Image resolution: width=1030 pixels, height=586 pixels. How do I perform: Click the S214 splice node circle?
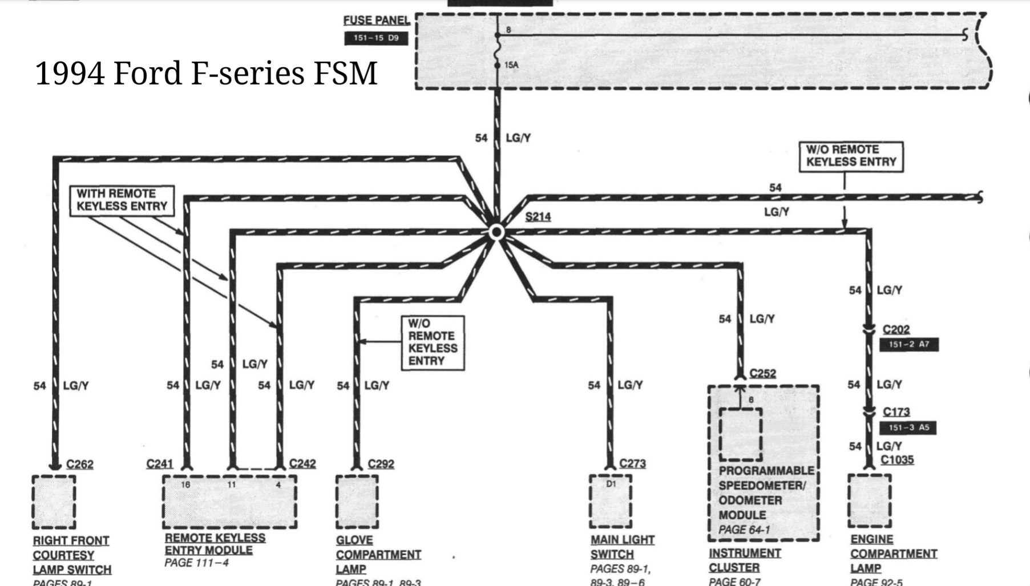(x=496, y=232)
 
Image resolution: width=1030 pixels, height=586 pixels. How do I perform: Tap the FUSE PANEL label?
(x=377, y=20)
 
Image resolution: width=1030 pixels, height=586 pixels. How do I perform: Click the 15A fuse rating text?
(x=511, y=65)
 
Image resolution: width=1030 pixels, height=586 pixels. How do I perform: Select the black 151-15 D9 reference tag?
(x=376, y=38)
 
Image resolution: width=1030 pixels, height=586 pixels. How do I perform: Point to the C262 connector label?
(x=80, y=464)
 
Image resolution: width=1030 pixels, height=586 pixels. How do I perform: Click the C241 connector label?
(x=159, y=463)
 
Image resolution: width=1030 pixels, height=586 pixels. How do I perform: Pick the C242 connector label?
(x=302, y=463)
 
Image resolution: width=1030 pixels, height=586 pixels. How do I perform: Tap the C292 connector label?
(x=381, y=464)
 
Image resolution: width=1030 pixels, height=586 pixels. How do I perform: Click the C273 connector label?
(x=632, y=463)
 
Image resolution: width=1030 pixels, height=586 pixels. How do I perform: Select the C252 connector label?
(x=762, y=373)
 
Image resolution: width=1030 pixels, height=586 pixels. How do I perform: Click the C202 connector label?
(x=896, y=329)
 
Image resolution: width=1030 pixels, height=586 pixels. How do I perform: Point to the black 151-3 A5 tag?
(x=908, y=427)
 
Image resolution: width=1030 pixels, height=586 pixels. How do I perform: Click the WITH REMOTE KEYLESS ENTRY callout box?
(x=122, y=200)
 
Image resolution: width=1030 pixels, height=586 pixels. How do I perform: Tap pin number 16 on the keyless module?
(x=185, y=484)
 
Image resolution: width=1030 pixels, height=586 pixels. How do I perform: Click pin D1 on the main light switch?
(x=611, y=484)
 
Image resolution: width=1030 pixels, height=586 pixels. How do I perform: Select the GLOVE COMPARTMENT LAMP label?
(x=378, y=554)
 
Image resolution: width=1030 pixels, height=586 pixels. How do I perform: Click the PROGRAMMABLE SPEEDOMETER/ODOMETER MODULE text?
(x=766, y=492)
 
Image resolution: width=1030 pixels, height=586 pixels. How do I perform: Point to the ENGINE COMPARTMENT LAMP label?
(x=893, y=553)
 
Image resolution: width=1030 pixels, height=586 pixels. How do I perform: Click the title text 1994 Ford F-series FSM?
(x=206, y=73)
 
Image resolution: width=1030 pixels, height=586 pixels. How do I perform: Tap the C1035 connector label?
(x=897, y=459)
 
